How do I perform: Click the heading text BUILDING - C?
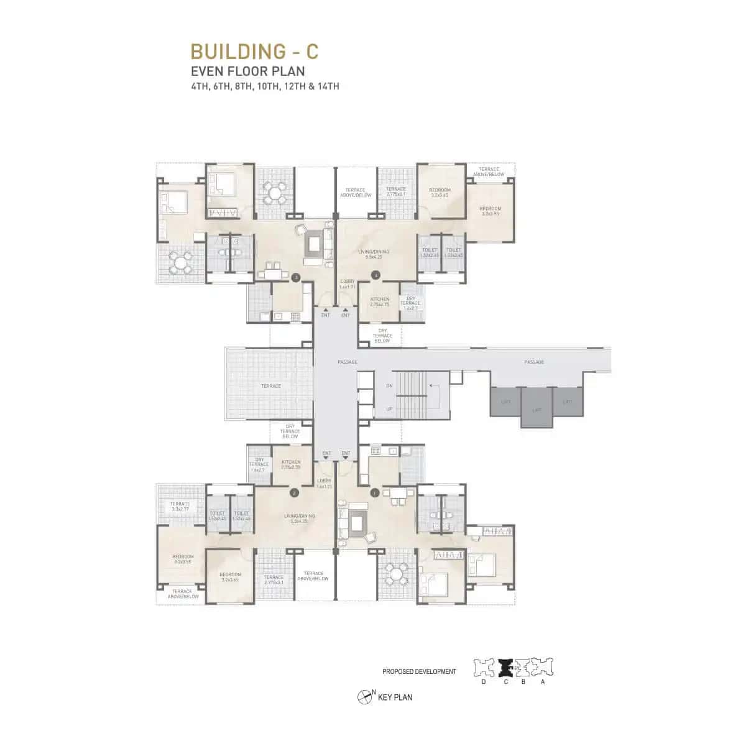(x=254, y=50)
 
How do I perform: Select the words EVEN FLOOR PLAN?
(x=247, y=71)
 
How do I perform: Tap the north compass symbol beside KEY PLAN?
(x=364, y=698)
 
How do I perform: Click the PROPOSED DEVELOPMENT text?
(x=419, y=672)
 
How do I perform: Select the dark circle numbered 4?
(x=375, y=275)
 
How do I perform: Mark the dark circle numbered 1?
(x=374, y=492)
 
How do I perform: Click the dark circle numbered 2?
(x=295, y=493)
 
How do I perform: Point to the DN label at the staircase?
(x=389, y=386)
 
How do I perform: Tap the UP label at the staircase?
(x=389, y=409)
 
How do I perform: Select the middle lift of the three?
(x=536, y=408)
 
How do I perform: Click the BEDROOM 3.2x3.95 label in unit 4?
(x=490, y=211)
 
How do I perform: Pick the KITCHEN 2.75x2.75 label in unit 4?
(x=379, y=302)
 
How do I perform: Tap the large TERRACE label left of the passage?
(x=271, y=386)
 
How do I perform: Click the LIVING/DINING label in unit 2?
(x=300, y=518)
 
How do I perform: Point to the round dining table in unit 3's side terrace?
(x=180, y=264)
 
